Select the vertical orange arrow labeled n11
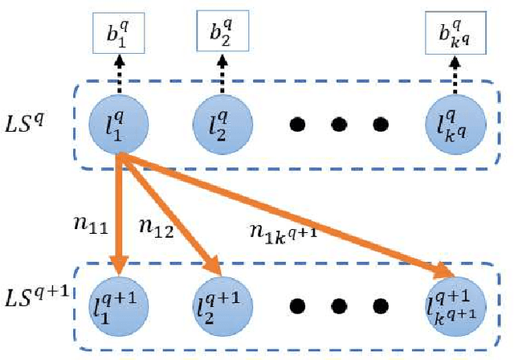click(x=118, y=217)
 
